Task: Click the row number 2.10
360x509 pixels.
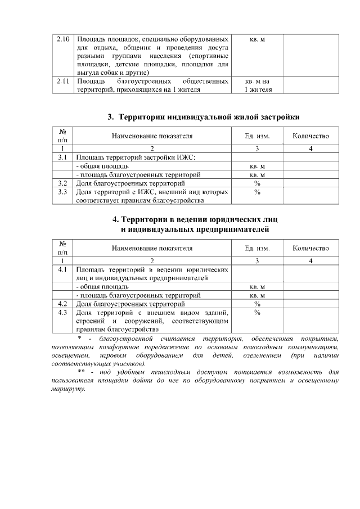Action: click(x=63, y=40)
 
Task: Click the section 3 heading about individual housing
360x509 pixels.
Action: click(x=203, y=117)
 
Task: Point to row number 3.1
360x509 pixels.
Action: click(x=63, y=157)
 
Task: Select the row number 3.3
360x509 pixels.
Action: click(x=63, y=192)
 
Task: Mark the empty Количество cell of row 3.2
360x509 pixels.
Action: click(x=310, y=183)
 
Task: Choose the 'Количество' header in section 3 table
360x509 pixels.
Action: click(x=310, y=136)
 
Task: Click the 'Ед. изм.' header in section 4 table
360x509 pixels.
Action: click(x=256, y=248)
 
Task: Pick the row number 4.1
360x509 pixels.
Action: click(x=63, y=269)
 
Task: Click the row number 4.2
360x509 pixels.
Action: click(x=63, y=304)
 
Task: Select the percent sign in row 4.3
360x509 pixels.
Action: click(x=256, y=313)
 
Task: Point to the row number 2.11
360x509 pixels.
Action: click(x=63, y=82)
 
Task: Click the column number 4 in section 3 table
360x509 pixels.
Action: click(x=310, y=148)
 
